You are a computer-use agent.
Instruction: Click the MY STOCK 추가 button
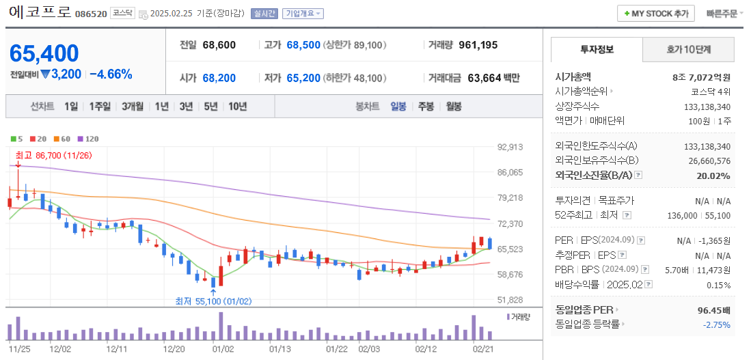(x=656, y=13)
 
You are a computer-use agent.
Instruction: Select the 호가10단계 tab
(x=688, y=49)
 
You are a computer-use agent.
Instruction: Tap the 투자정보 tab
(x=597, y=49)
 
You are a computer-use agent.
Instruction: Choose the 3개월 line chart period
(x=133, y=107)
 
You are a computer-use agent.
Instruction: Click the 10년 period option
(x=238, y=107)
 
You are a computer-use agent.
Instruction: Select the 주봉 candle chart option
(x=426, y=107)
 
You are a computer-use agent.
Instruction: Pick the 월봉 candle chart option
(x=453, y=107)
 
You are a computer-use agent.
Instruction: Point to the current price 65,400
(x=44, y=53)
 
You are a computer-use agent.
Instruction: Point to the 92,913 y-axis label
(x=510, y=147)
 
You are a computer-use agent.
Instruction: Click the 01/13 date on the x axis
(x=281, y=348)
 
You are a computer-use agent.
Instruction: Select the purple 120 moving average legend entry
(x=87, y=139)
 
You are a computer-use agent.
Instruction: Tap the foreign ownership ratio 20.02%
(x=714, y=176)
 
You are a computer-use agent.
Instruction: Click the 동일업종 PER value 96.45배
(x=713, y=310)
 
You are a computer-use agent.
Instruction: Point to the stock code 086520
(x=91, y=14)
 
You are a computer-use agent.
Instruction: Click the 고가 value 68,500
(x=303, y=45)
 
